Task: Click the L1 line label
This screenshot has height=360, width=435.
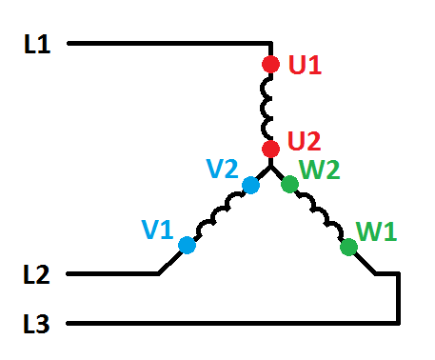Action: click(38, 44)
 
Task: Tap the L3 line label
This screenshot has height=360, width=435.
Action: click(38, 324)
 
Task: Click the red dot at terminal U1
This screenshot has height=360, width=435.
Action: click(270, 65)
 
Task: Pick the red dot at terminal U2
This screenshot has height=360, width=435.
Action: click(270, 149)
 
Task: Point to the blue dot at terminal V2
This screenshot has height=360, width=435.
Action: click(250, 186)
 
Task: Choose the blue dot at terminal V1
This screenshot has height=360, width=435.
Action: click(187, 245)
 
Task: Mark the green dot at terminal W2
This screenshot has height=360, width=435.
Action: click(289, 185)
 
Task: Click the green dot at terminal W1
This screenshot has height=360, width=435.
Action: click(348, 248)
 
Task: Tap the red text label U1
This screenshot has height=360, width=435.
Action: click(306, 66)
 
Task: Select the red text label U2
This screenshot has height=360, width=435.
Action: click(304, 141)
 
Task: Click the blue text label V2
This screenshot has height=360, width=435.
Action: click(222, 170)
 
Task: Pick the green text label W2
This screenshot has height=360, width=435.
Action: click(320, 171)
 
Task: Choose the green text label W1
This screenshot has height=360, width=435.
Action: click(377, 230)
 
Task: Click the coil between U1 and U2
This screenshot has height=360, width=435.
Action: click(270, 107)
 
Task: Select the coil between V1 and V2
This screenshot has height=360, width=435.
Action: click(219, 215)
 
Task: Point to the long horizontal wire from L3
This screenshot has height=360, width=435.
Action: click(228, 324)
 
